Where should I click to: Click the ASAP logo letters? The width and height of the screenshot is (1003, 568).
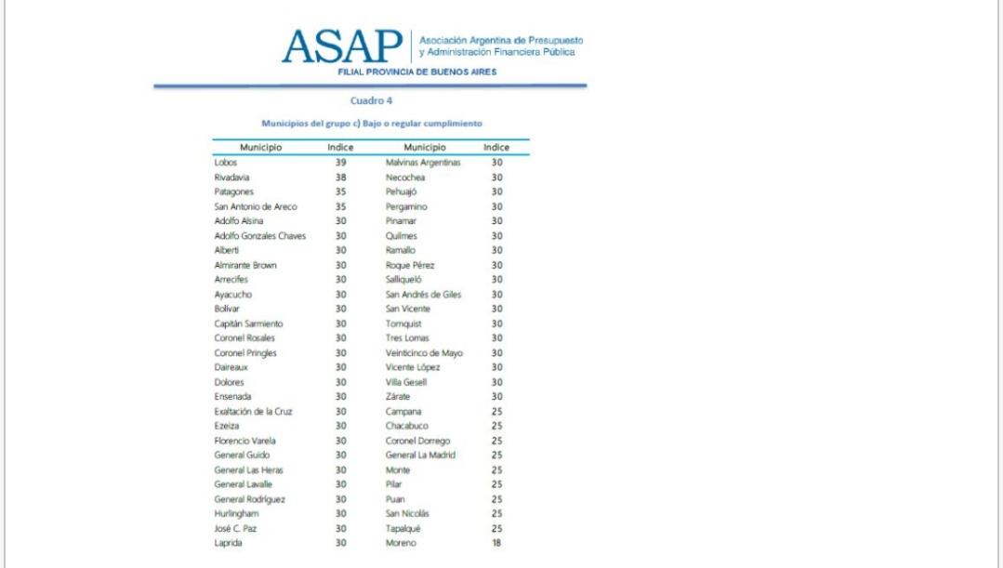point(342,46)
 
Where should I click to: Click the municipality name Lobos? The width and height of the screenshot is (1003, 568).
point(226,162)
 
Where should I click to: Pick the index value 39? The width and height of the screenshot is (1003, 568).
point(340,162)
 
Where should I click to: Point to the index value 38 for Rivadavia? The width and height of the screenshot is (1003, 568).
point(340,177)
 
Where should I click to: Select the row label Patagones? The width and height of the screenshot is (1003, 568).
point(234,192)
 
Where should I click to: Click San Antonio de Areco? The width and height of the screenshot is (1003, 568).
point(256,206)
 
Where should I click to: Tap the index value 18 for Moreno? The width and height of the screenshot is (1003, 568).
point(496,544)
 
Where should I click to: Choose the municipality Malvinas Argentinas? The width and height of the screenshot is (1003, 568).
point(423,162)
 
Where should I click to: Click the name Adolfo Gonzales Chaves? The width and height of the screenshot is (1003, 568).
point(260,235)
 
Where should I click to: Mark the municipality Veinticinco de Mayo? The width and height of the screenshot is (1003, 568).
point(424,353)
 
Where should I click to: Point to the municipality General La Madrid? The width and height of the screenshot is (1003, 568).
point(421,456)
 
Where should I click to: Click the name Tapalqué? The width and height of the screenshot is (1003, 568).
point(403,529)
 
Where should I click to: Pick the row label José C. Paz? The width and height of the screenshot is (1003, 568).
point(236,529)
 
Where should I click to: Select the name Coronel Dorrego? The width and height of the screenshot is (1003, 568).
point(418,441)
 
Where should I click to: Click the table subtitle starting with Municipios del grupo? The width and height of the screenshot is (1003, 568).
point(371,123)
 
